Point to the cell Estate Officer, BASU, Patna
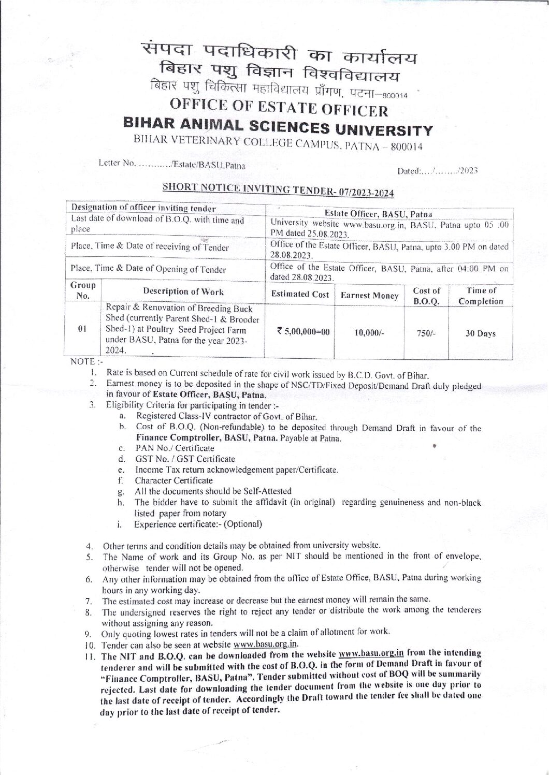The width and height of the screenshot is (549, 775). click(389, 212)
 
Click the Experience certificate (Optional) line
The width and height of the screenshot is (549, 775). click(198, 523)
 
